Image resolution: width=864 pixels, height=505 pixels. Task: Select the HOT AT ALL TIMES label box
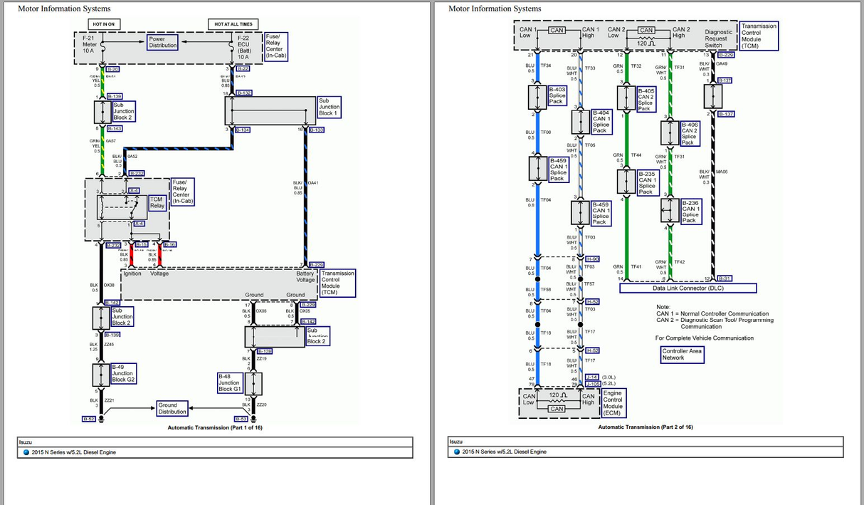click(x=233, y=24)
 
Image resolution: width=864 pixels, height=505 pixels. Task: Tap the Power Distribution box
click(x=162, y=43)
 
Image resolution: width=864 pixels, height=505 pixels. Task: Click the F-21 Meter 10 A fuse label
click(x=89, y=44)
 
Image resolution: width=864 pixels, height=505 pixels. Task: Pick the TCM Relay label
click(x=157, y=202)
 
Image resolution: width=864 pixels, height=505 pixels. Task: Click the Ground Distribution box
click(x=172, y=408)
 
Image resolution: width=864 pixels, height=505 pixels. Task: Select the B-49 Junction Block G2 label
click(x=122, y=373)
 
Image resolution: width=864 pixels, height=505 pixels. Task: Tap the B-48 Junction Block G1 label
click(x=229, y=382)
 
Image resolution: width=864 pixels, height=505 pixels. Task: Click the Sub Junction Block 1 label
click(x=329, y=107)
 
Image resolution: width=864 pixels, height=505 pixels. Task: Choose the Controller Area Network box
click(x=682, y=354)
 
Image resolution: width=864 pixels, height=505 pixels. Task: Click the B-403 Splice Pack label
click(x=557, y=95)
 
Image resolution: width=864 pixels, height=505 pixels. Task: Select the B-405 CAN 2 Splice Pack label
click(x=646, y=100)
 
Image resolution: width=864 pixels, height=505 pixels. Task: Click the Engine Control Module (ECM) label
click(x=612, y=402)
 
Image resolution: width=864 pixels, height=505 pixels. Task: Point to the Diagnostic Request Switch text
click(x=718, y=38)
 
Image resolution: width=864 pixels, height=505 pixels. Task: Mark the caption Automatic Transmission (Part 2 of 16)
click(x=645, y=427)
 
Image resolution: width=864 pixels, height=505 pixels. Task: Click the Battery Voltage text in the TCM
click(x=305, y=276)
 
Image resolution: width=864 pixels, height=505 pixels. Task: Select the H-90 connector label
click(x=592, y=259)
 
